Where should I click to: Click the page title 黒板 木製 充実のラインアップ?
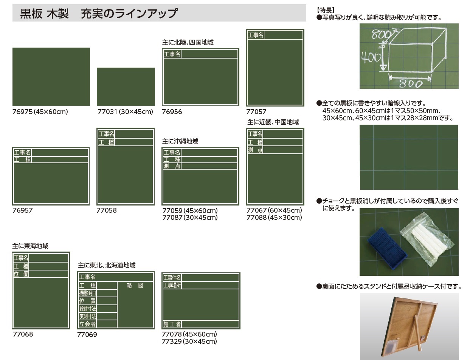[99, 13]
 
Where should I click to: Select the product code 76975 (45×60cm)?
[40, 112]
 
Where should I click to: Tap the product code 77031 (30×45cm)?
[125, 112]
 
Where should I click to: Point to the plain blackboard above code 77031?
[126, 87]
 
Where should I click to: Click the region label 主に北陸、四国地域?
[188, 42]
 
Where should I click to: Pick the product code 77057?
[256, 112]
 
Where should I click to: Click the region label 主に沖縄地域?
[180, 141]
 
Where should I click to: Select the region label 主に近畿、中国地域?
[273, 122]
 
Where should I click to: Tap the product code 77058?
[107, 210]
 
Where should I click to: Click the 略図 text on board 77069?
[135, 286]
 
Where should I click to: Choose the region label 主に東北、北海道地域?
[107, 265]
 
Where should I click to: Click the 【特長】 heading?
[325, 10]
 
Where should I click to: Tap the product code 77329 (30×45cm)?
[189, 341]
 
